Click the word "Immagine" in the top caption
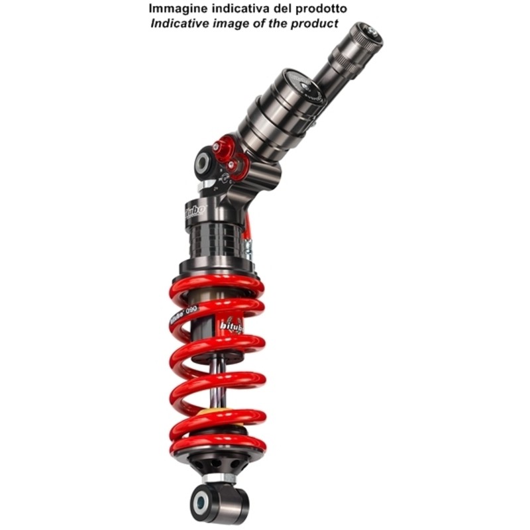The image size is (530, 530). (174, 9)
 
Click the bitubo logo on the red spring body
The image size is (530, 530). (232, 325)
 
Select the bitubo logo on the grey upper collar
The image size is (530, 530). (194, 212)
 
